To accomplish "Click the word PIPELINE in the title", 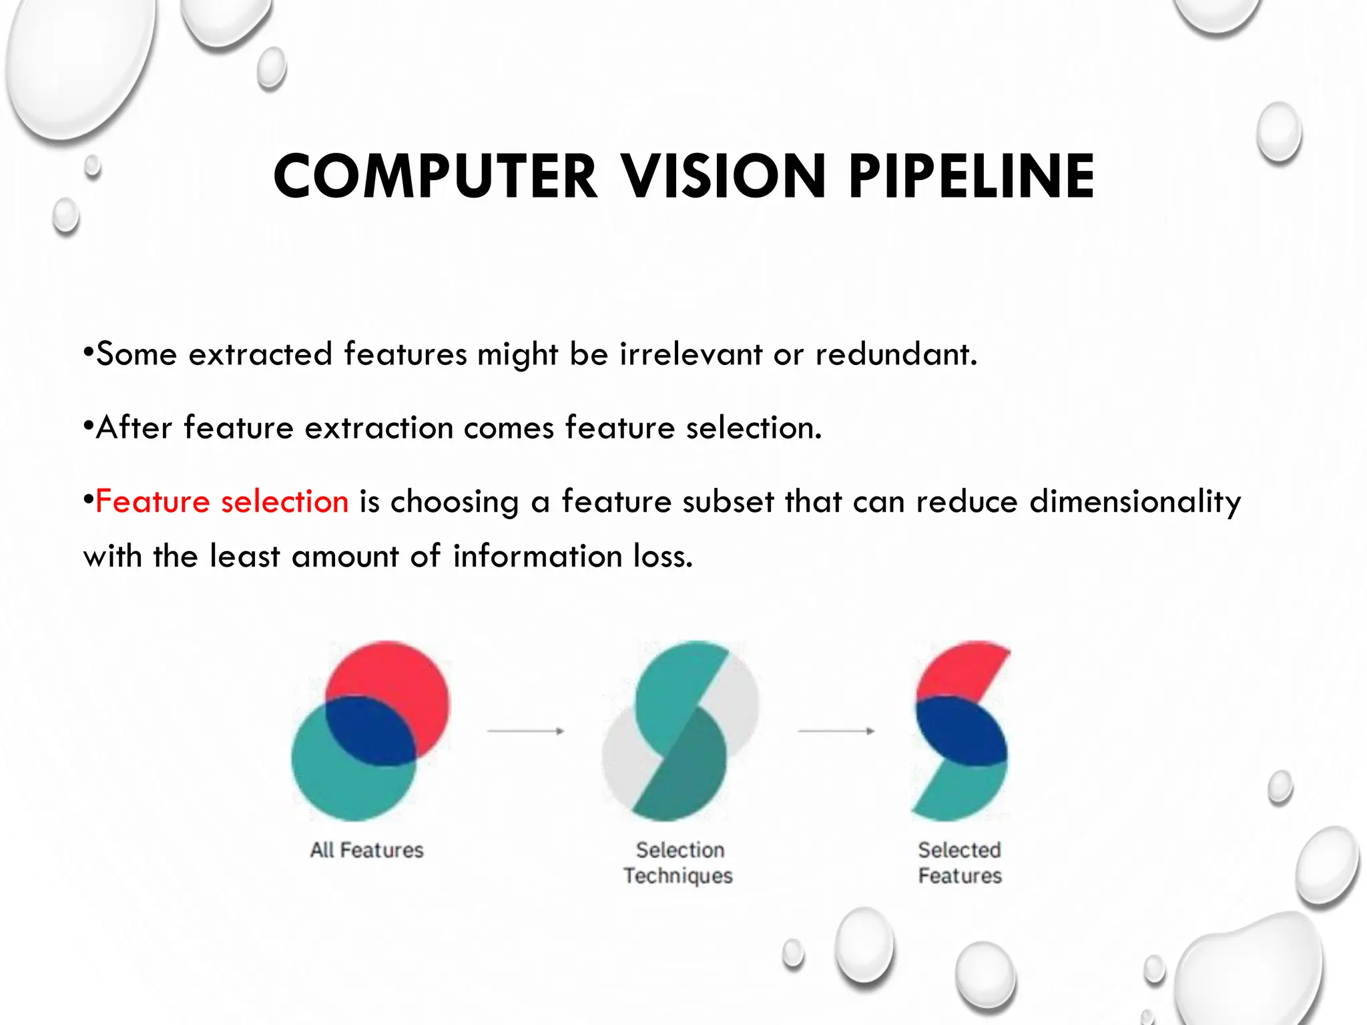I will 971,177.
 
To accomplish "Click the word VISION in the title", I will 724,177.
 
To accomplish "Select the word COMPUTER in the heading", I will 435,177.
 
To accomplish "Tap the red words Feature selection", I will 222,502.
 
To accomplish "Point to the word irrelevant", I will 691,354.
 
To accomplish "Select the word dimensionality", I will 1135,502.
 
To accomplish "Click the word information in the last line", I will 537,557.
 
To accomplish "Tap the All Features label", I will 366,850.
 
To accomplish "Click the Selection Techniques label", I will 679,863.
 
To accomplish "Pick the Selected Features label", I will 960,863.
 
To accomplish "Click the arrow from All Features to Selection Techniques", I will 526,731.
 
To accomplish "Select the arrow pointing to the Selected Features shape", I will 836,731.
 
